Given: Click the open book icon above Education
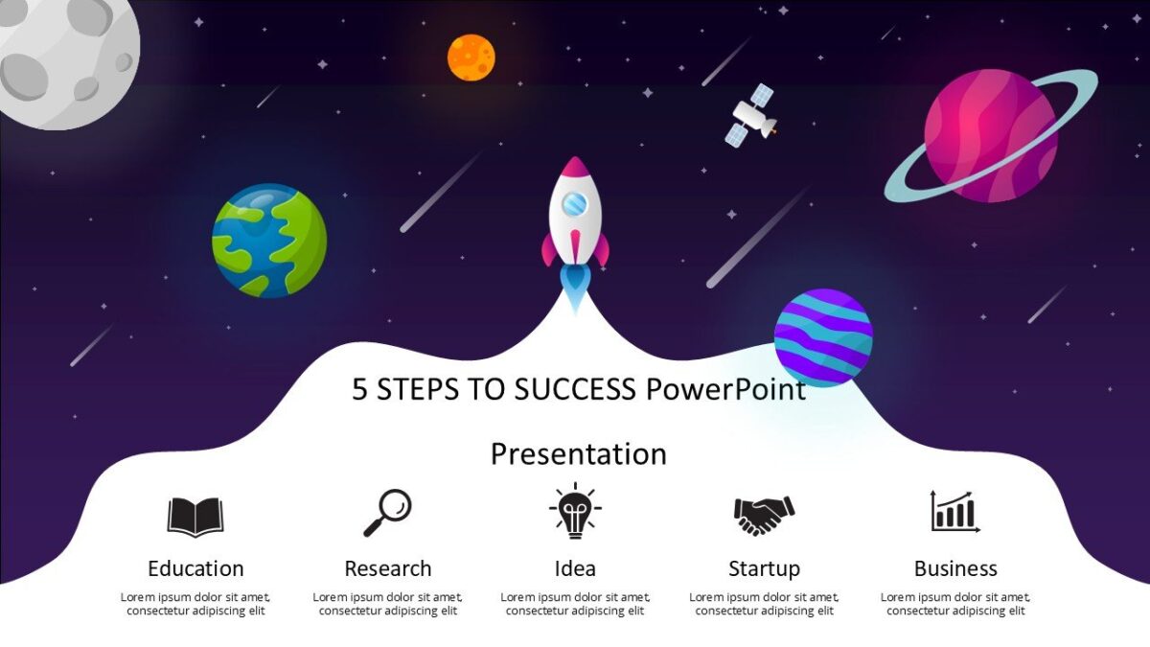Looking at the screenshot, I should point(195,517).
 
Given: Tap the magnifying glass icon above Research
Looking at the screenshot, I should point(387,513).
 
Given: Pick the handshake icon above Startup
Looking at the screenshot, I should point(764,515).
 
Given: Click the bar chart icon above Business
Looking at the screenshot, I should point(955,512).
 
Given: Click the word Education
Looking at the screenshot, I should point(195,568).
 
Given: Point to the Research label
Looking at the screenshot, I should point(388,568).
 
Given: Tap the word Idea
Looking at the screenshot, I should point(575,568).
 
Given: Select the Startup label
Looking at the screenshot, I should point(764,568).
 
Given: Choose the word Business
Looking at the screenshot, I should point(955,568).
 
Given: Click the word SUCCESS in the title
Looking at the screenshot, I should point(575,389).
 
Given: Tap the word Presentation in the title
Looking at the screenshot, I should point(579,453).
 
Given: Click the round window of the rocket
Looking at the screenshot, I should point(574,203).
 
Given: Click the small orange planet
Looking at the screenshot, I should point(471,57).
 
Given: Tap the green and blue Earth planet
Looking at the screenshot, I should point(269,241).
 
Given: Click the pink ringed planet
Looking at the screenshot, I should point(990,135).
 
